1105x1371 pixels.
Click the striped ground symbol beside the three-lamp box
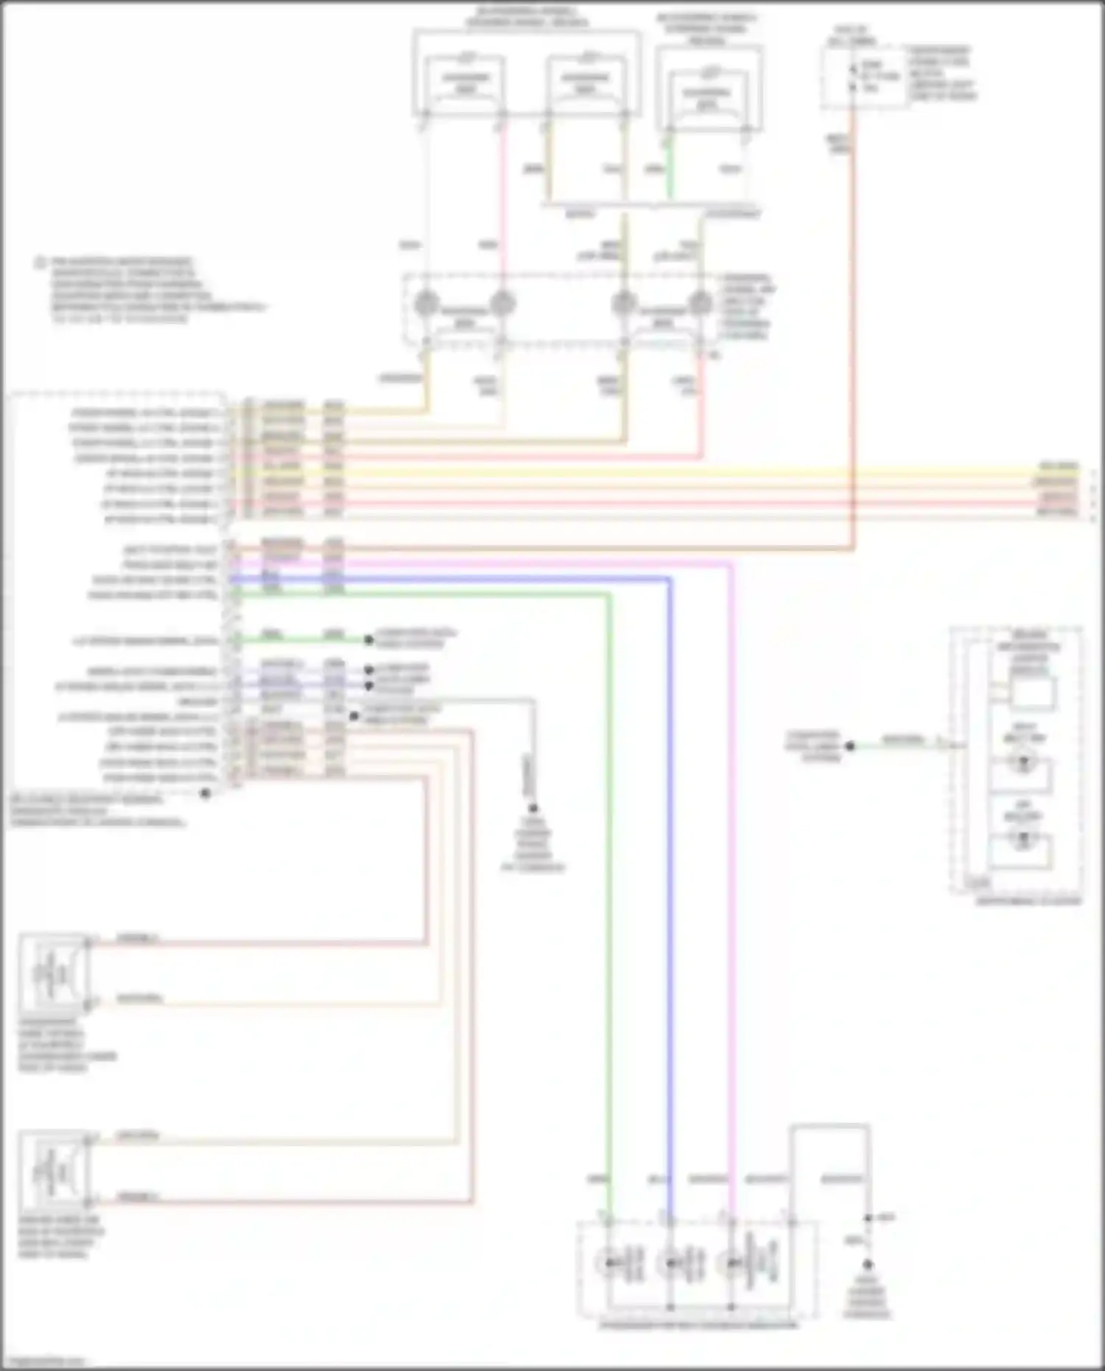click(x=867, y=1265)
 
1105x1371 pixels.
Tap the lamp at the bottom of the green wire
click(x=610, y=1263)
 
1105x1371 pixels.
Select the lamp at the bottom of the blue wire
click(x=670, y=1263)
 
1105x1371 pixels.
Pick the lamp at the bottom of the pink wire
click(x=731, y=1263)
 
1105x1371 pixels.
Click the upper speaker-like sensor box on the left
click(x=53, y=972)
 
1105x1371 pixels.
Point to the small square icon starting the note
click(x=41, y=262)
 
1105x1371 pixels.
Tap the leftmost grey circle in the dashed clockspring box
click(x=427, y=302)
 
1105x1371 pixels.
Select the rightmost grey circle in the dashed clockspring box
click(x=700, y=302)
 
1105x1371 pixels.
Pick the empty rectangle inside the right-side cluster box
click(x=1031, y=692)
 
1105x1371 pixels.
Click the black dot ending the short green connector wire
click(x=368, y=639)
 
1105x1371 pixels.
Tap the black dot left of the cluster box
click(x=849, y=746)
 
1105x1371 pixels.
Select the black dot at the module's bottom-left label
click(x=206, y=793)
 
